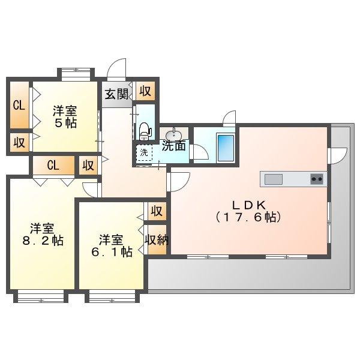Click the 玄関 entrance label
(116, 94)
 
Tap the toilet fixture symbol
(144, 129)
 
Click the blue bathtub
(226, 148)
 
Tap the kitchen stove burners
(316, 178)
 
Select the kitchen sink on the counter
(274, 179)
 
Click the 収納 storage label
(156, 239)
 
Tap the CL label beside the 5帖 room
(19, 106)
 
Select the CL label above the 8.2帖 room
(53, 165)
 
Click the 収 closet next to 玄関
(145, 91)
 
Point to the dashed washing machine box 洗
(144, 153)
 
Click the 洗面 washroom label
(174, 146)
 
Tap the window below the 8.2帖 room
(40, 296)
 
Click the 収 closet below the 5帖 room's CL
(19, 143)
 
